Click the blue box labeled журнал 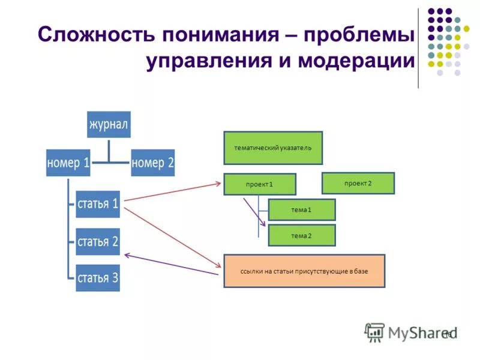(x=109, y=124)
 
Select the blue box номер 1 (x=68, y=163)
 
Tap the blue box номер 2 (x=152, y=163)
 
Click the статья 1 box (x=98, y=203)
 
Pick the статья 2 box (x=98, y=241)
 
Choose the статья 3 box (x=98, y=278)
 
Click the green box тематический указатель (x=273, y=148)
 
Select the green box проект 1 (x=260, y=184)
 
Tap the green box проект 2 (x=358, y=183)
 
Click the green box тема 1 (x=301, y=209)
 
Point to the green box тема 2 (x=301, y=236)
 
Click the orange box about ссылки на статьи (x=304, y=271)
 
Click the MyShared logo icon (x=374, y=332)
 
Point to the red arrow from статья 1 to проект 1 (x=174, y=191)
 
